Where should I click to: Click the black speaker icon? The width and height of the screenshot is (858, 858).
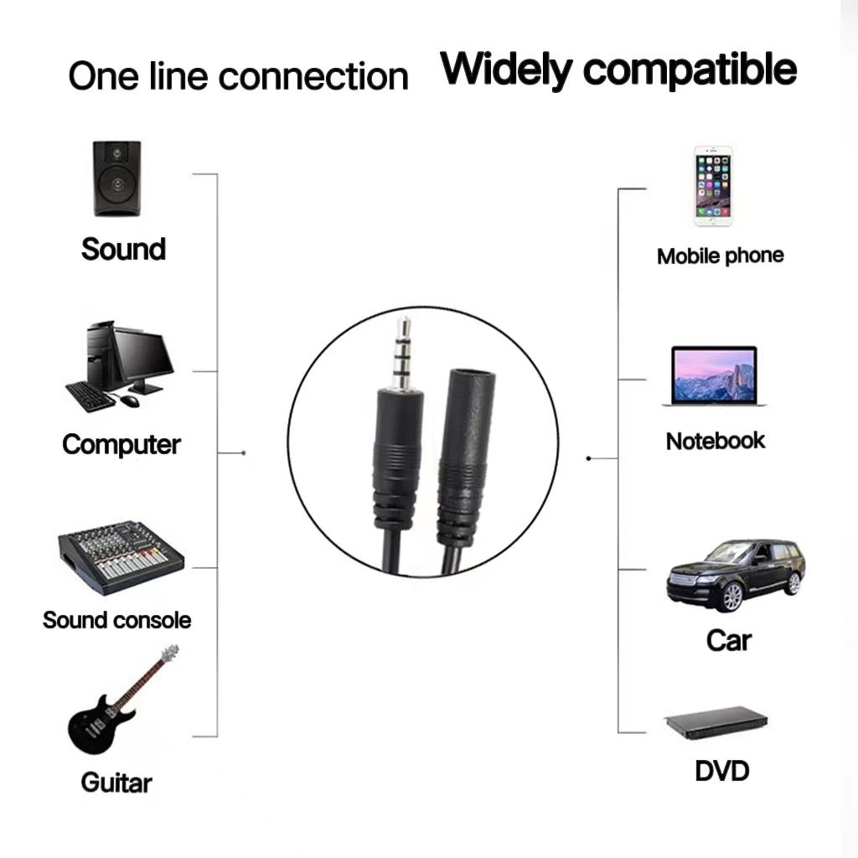pyautogui.click(x=116, y=178)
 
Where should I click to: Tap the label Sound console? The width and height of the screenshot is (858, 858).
pyautogui.click(x=117, y=620)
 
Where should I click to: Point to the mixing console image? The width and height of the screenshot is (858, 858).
pyautogui.click(x=120, y=556)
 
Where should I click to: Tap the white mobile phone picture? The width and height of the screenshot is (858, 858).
pyautogui.click(x=713, y=187)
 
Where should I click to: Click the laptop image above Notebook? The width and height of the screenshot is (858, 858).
pyautogui.click(x=715, y=377)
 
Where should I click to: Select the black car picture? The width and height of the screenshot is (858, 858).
pyautogui.click(x=735, y=574)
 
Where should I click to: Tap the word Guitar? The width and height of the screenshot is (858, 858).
pyautogui.click(x=116, y=783)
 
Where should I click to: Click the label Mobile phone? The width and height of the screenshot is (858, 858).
pyautogui.click(x=720, y=256)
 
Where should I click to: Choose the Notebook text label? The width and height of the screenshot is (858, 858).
pyautogui.click(x=716, y=441)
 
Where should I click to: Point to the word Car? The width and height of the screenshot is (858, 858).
pyautogui.click(x=728, y=640)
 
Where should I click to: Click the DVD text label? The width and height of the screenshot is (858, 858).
pyautogui.click(x=721, y=770)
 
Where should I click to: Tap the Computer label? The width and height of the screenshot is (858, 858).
pyautogui.click(x=121, y=444)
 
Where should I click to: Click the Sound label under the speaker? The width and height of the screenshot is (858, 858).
pyautogui.click(x=123, y=249)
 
